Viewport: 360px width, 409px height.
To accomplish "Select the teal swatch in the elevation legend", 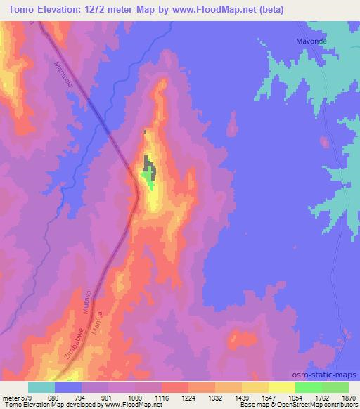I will pyautogui.click(x=41, y=387).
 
